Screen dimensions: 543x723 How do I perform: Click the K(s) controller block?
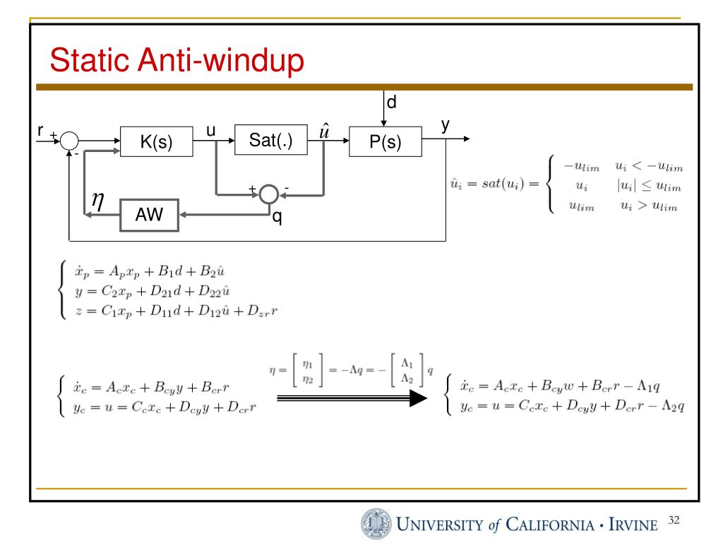(156, 143)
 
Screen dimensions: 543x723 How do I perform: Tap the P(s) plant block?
(386, 143)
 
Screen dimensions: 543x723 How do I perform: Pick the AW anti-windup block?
(148, 216)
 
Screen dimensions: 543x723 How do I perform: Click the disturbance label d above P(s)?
(390, 103)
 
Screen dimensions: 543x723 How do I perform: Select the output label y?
(446, 125)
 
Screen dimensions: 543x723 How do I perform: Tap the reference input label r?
(41, 130)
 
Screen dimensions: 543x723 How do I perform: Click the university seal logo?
(375, 524)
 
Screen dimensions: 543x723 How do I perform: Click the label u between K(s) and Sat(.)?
(210, 131)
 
